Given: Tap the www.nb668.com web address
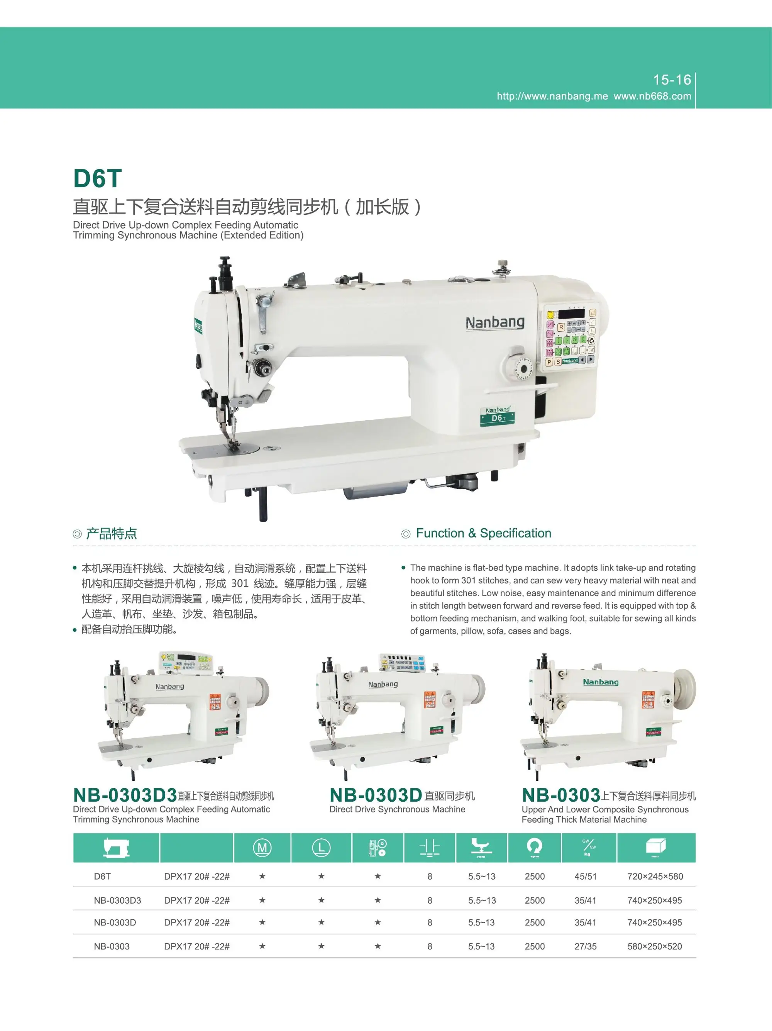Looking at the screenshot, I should [x=652, y=97].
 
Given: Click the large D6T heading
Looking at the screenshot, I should [x=97, y=178].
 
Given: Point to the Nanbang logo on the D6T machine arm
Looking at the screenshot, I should [x=495, y=322].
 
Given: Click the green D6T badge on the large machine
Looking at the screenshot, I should [x=498, y=416].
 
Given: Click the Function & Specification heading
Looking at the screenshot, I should [x=483, y=533].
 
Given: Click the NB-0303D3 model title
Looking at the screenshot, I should [x=125, y=795].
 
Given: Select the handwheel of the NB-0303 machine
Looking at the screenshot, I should [x=684, y=689].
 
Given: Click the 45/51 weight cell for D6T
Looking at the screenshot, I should [x=585, y=877].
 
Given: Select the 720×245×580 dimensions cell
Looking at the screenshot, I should [x=655, y=877].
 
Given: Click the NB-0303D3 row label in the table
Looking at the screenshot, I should [x=117, y=900].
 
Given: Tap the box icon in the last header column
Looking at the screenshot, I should [x=655, y=846].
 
